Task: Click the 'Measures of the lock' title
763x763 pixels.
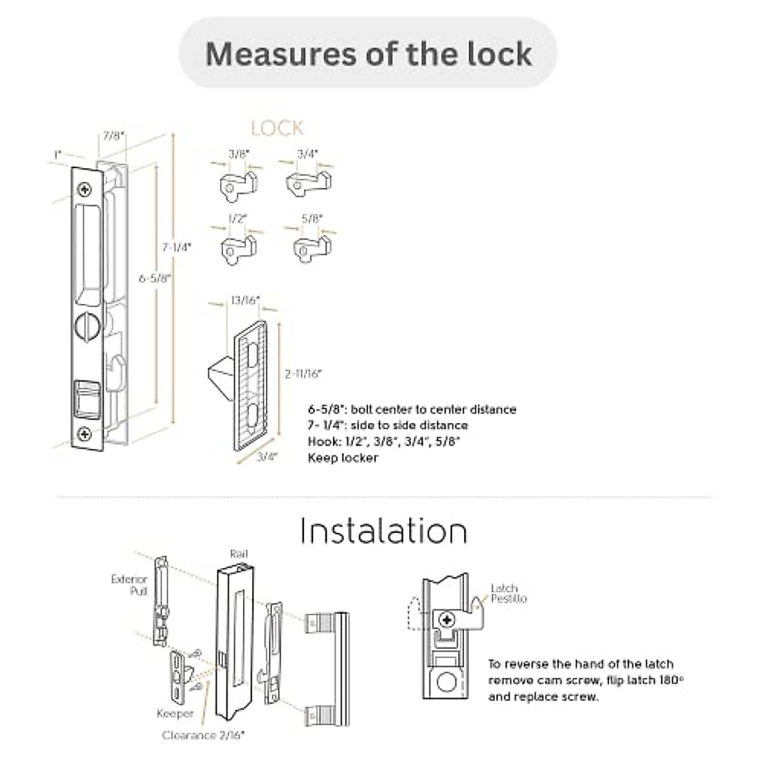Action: coord(368,53)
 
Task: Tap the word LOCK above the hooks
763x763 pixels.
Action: coord(277,128)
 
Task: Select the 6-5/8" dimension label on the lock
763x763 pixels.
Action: coord(155,278)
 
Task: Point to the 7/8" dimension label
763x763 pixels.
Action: coord(114,135)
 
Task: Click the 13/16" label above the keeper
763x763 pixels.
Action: coord(245,299)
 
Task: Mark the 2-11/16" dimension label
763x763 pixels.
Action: coord(303,374)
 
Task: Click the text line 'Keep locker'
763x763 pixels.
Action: coord(343,458)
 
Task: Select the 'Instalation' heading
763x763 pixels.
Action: coord(383,530)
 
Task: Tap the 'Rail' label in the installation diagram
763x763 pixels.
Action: coord(238,554)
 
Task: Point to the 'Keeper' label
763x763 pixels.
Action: coord(175,713)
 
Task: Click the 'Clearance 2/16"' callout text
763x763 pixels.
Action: coord(203,735)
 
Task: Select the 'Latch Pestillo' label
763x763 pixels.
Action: coord(507,593)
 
